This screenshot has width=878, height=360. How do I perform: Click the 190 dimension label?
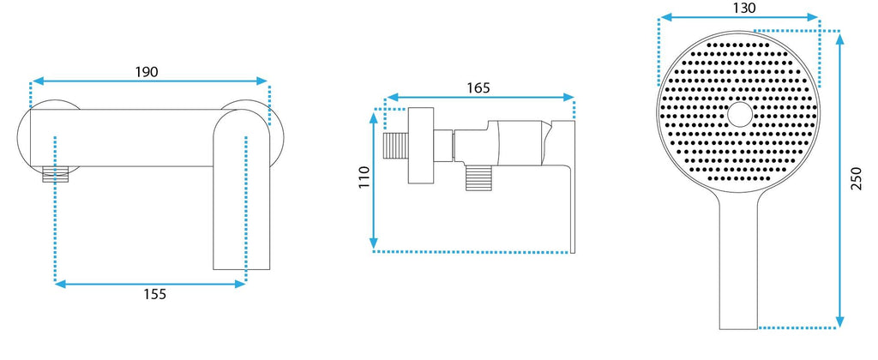tap(147, 72)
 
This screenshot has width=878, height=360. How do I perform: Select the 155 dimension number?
tap(155, 294)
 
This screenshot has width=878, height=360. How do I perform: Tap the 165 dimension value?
tap(478, 88)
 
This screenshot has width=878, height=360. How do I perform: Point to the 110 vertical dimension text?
tap(364, 177)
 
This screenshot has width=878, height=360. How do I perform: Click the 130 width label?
tap(744, 8)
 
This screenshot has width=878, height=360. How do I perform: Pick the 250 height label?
tap(857, 178)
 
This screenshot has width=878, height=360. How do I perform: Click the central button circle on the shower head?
tap(740, 114)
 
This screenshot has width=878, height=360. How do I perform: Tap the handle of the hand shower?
tap(738, 263)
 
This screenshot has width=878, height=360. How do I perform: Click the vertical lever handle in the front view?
tap(242, 190)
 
